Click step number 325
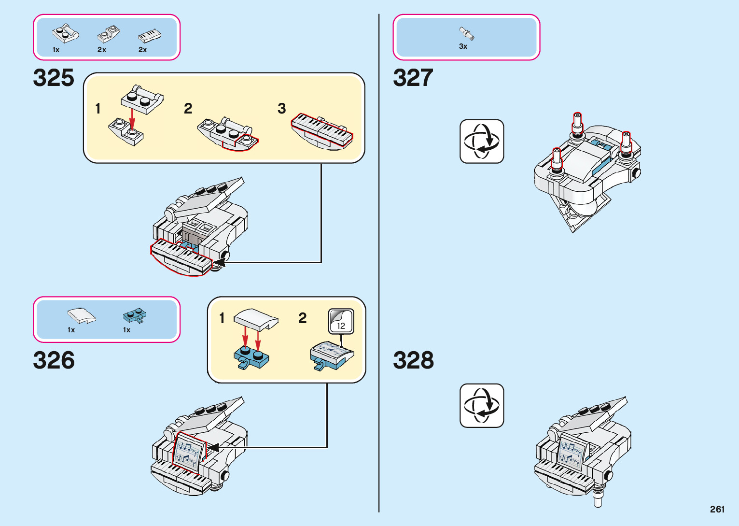(54, 78)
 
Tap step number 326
(54, 360)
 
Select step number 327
(413, 78)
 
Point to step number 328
(413, 360)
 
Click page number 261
(717, 509)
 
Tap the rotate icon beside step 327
(482, 142)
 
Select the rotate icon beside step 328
(482, 406)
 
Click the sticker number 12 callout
(341, 322)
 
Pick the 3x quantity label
(463, 46)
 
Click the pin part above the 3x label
(467, 34)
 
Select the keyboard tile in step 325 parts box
(150, 36)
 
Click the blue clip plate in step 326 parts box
(135, 316)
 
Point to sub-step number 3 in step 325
(282, 109)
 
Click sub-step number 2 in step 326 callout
(303, 318)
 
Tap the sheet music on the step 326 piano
(188, 454)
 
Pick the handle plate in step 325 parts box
(66, 34)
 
